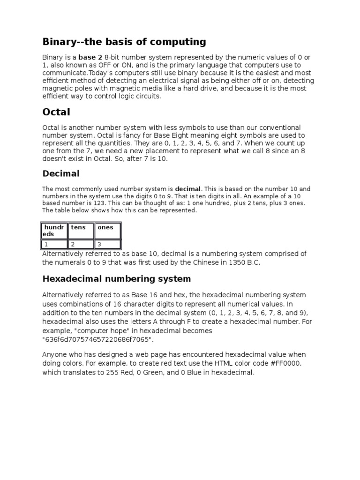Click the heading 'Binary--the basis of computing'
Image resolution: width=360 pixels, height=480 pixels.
pos(124,42)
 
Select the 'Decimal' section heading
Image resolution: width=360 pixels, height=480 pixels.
pos(61,173)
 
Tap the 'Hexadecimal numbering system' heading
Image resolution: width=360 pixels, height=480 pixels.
pos(117,279)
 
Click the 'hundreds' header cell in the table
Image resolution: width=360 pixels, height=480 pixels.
pos(54,230)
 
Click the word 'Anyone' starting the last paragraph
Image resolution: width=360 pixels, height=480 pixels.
pos(55,355)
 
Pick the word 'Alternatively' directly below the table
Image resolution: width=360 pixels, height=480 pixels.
pos(64,254)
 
